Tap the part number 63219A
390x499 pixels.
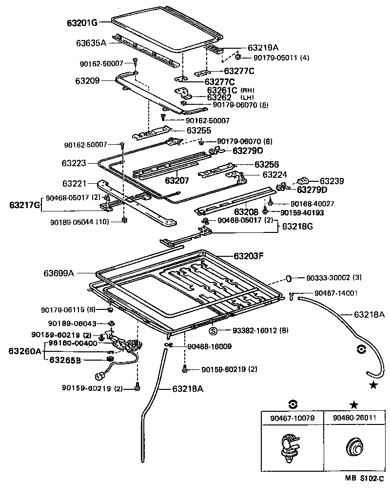pyautogui.click(x=263, y=48)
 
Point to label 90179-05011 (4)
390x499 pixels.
pyautogui.click(x=281, y=58)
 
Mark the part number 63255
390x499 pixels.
pyautogui.click(x=198, y=131)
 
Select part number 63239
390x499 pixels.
pyautogui.click(x=332, y=181)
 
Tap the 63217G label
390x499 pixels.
pyautogui.click(x=24, y=205)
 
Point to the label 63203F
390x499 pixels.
pyautogui.click(x=248, y=256)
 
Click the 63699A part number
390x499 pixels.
pyautogui.click(x=57, y=274)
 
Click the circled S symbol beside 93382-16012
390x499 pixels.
pyautogui.click(x=214, y=331)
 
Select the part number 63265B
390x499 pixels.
pyautogui.click(x=64, y=360)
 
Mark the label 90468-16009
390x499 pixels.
pyautogui.click(x=209, y=346)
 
